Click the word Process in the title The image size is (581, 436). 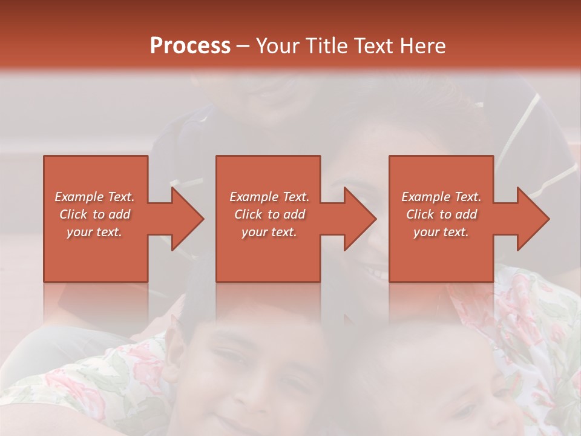coord(190,46)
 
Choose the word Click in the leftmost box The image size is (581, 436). coord(74,214)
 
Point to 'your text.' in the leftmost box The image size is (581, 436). coord(94,232)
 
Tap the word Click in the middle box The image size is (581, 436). coord(249,214)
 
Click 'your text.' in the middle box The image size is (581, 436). coord(269,232)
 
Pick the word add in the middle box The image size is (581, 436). coord(294,214)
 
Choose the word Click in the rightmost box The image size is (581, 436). coord(421,214)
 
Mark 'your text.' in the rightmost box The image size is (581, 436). coord(441,232)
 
